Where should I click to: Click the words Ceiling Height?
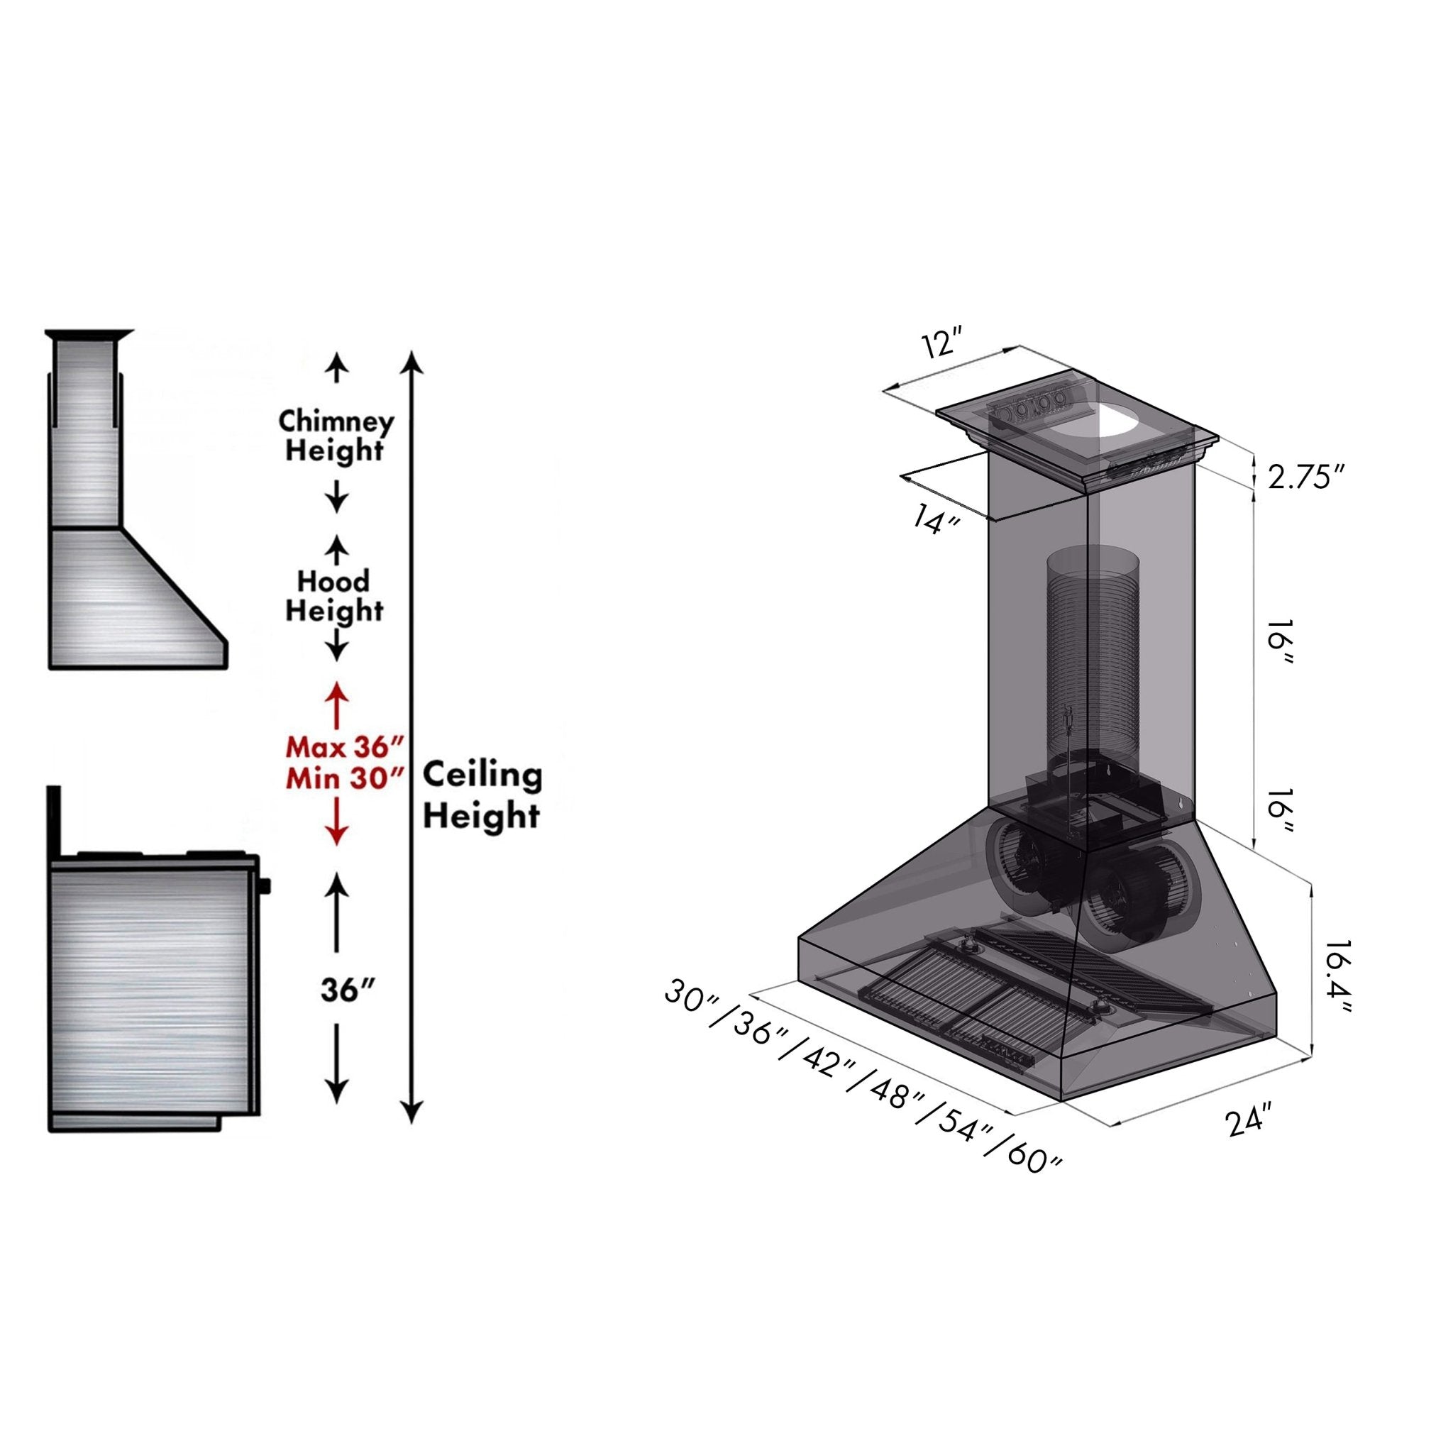[x=481, y=795]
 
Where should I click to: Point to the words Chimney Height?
[x=336, y=436]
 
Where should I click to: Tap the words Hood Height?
[x=335, y=596]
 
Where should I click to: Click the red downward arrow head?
[x=336, y=834]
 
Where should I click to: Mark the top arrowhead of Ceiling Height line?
[x=411, y=361]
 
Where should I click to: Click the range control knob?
[x=265, y=888]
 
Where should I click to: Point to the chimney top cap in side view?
[x=89, y=333]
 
